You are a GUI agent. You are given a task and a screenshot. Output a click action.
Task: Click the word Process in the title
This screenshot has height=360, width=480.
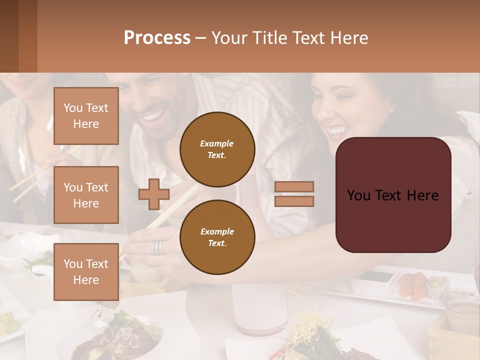click(x=157, y=38)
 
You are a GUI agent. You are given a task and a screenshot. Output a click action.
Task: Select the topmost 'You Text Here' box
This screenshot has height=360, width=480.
click(x=86, y=116)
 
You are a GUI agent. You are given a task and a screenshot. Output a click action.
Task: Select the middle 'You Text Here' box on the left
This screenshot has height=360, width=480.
click(x=86, y=195)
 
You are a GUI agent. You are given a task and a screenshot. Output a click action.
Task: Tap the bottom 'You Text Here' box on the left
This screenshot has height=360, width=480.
click(x=86, y=272)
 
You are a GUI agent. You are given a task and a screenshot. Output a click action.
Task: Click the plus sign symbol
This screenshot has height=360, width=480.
click(x=153, y=194)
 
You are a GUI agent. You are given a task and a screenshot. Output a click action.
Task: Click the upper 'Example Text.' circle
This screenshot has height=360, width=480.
click(x=217, y=149)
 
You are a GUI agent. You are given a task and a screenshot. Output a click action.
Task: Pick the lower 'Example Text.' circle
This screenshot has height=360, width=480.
click(x=217, y=237)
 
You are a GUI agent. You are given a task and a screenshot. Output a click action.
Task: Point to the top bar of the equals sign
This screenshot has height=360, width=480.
click(x=294, y=187)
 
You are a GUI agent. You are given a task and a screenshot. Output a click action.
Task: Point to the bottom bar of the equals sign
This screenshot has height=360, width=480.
click(x=294, y=201)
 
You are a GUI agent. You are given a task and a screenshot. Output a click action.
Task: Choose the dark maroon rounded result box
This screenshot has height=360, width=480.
click(x=393, y=195)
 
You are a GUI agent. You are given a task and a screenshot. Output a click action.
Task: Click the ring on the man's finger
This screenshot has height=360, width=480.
click(x=157, y=247)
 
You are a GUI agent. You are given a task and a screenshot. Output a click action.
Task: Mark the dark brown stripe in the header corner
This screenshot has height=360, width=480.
click(x=9, y=36)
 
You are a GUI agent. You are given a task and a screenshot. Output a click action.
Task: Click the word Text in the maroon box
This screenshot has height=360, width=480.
click(x=393, y=195)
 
